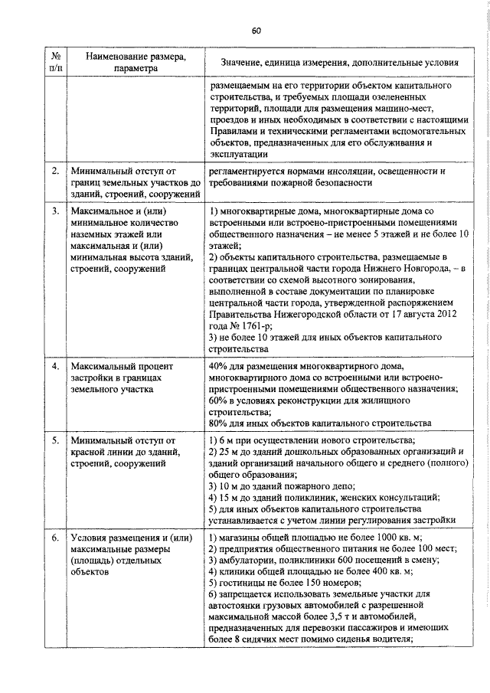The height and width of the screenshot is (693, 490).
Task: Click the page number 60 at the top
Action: (256, 31)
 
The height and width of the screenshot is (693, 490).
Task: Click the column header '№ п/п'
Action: (55, 62)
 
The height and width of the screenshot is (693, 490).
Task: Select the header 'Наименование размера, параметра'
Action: (134, 62)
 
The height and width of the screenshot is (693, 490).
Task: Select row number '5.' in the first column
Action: (55, 441)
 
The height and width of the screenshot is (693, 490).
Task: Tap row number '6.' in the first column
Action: (55, 538)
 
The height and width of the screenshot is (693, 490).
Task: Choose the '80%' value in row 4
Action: (218, 423)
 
